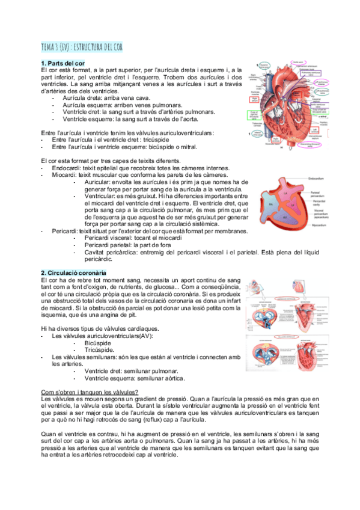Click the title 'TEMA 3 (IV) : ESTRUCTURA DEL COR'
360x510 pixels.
coord(82,48)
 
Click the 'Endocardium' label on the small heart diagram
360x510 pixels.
coord(318,177)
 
